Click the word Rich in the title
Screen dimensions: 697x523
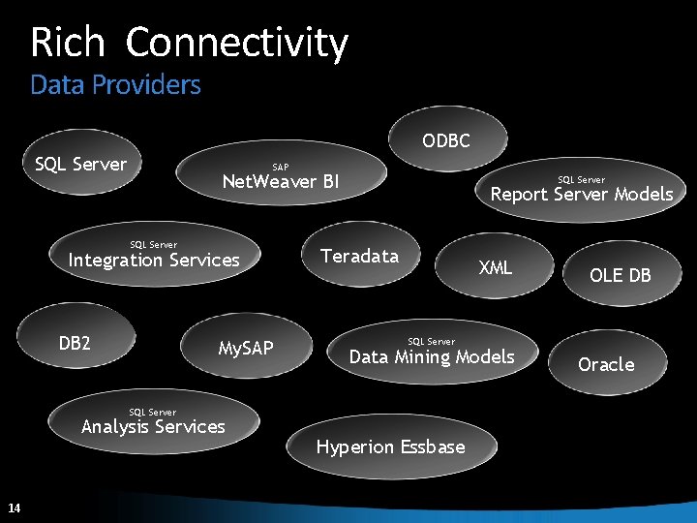click(67, 43)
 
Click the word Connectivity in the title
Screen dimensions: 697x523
click(236, 43)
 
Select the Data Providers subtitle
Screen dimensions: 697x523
click(115, 85)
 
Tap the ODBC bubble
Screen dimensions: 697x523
click(445, 141)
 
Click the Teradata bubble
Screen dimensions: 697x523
click(359, 256)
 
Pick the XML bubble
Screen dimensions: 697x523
click(495, 267)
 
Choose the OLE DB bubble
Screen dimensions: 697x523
click(621, 275)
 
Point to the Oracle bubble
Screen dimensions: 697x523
click(606, 364)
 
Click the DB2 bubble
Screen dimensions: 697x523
click(75, 343)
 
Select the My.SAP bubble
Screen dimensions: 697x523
click(246, 348)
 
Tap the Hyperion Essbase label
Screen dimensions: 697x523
click(390, 446)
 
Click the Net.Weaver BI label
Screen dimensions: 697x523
click(281, 181)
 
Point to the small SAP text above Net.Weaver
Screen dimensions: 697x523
click(280, 167)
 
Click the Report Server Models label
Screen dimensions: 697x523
click(581, 194)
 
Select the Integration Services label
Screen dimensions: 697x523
click(153, 260)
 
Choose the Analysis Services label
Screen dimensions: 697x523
click(153, 426)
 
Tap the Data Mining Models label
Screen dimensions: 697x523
click(431, 356)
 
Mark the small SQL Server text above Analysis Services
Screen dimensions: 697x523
click(153, 412)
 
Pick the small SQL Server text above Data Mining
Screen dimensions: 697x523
click(431, 341)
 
